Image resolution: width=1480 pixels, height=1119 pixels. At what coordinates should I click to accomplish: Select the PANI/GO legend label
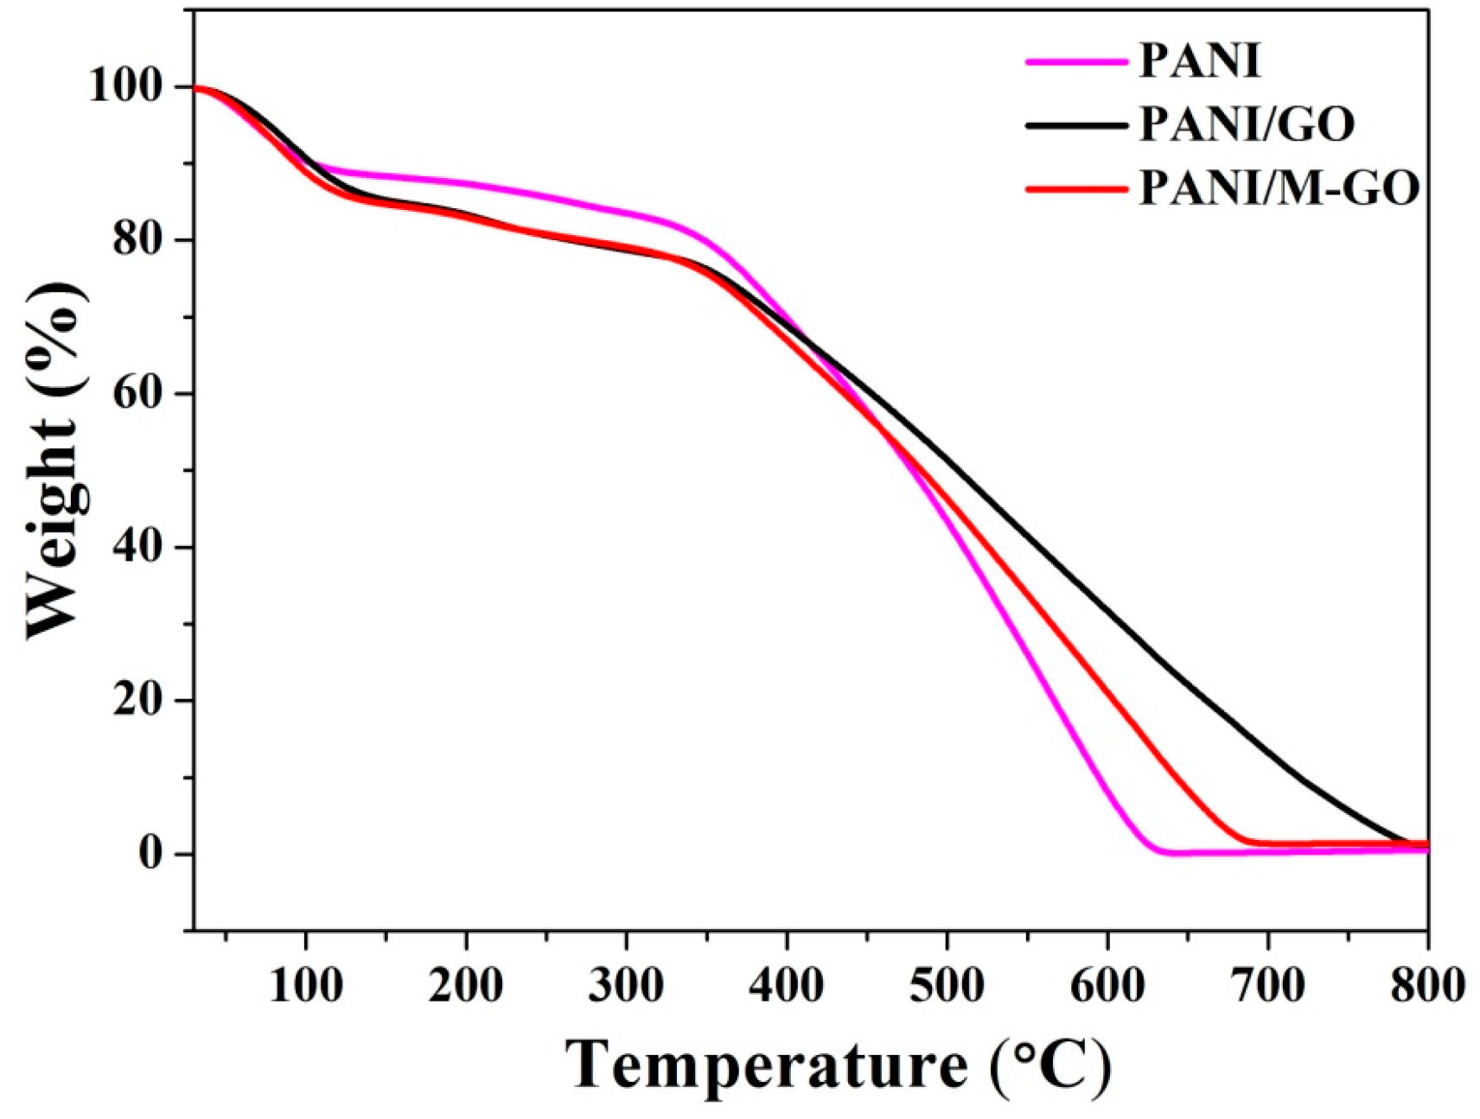coord(1246,124)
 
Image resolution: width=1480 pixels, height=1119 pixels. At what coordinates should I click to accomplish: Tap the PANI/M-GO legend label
coord(1279,188)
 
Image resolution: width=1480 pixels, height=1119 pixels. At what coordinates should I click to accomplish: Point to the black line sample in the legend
coord(1076,125)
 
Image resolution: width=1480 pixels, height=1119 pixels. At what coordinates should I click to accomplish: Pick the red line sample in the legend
coord(1076,188)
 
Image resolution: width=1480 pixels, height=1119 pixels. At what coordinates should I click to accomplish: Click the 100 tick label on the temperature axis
coord(305,984)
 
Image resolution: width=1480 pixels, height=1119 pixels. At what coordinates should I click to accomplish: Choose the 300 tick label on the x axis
coord(626,984)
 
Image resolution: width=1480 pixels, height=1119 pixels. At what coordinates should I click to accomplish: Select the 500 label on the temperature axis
coord(947,984)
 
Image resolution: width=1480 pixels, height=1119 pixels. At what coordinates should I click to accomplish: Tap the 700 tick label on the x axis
coord(1267,984)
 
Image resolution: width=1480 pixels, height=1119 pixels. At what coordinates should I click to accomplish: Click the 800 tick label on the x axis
coord(1426,984)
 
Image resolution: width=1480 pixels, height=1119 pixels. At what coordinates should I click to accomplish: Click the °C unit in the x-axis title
coord(1049,1065)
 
